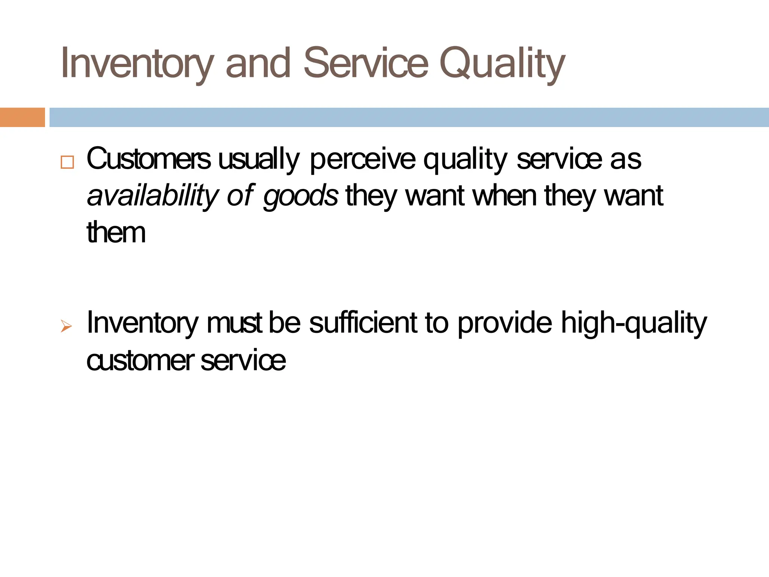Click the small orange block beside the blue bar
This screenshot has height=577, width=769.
22,117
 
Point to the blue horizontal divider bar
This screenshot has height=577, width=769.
409,117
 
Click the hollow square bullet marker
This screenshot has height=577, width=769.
67,162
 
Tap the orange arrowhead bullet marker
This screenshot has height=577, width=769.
66,326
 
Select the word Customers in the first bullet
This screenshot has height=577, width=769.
149,159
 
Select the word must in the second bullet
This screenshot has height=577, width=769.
234,323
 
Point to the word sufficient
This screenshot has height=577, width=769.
363,323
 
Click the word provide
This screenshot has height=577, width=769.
505,323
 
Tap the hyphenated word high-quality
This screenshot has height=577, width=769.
634,323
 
